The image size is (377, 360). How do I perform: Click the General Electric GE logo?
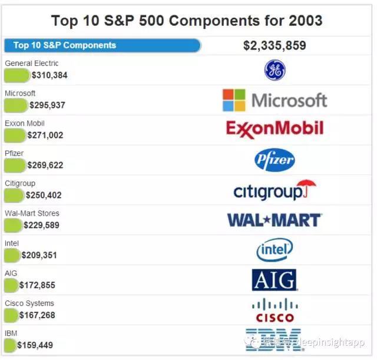[275, 70]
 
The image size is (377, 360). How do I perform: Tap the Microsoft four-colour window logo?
[234, 100]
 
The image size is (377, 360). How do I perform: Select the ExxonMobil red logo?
[275, 129]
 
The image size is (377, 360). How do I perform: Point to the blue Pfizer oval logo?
[275, 159]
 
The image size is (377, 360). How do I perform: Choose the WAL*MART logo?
[275, 220]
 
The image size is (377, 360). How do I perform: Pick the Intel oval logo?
[275, 250]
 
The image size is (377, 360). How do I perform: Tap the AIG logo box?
[274, 280]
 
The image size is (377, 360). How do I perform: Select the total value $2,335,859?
[275, 45]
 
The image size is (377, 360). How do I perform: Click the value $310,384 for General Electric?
[49, 75]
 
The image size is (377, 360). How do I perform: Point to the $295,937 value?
[47, 105]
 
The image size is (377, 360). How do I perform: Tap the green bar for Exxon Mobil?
[15, 136]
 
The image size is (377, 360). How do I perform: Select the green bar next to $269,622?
[15, 166]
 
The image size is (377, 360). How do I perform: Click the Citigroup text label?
[20, 183]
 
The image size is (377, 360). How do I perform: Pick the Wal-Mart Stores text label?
[32, 213]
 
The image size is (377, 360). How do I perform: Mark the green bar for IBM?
[10, 345]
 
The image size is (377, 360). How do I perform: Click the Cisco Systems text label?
[29, 303]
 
